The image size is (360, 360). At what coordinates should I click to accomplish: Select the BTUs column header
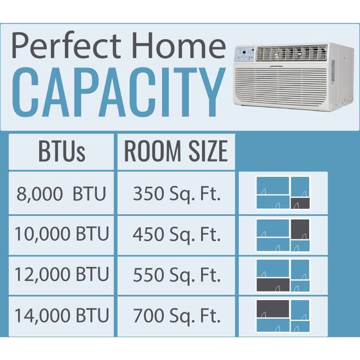click(62, 152)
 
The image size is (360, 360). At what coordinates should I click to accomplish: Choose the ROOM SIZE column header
click(176, 152)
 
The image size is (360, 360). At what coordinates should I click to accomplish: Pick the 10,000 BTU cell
click(62, 234)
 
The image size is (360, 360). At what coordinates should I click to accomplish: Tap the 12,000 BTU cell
click(62, 275)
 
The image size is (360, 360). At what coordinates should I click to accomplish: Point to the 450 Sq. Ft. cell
click(176, 234)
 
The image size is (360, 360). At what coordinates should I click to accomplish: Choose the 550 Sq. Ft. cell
click(176, 275)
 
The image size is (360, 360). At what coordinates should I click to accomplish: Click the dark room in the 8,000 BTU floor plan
click(300, 203)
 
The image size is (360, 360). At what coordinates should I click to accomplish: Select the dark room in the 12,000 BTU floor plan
click(273, 284)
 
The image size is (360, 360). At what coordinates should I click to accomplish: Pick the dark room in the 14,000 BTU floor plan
click(273, 308)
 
